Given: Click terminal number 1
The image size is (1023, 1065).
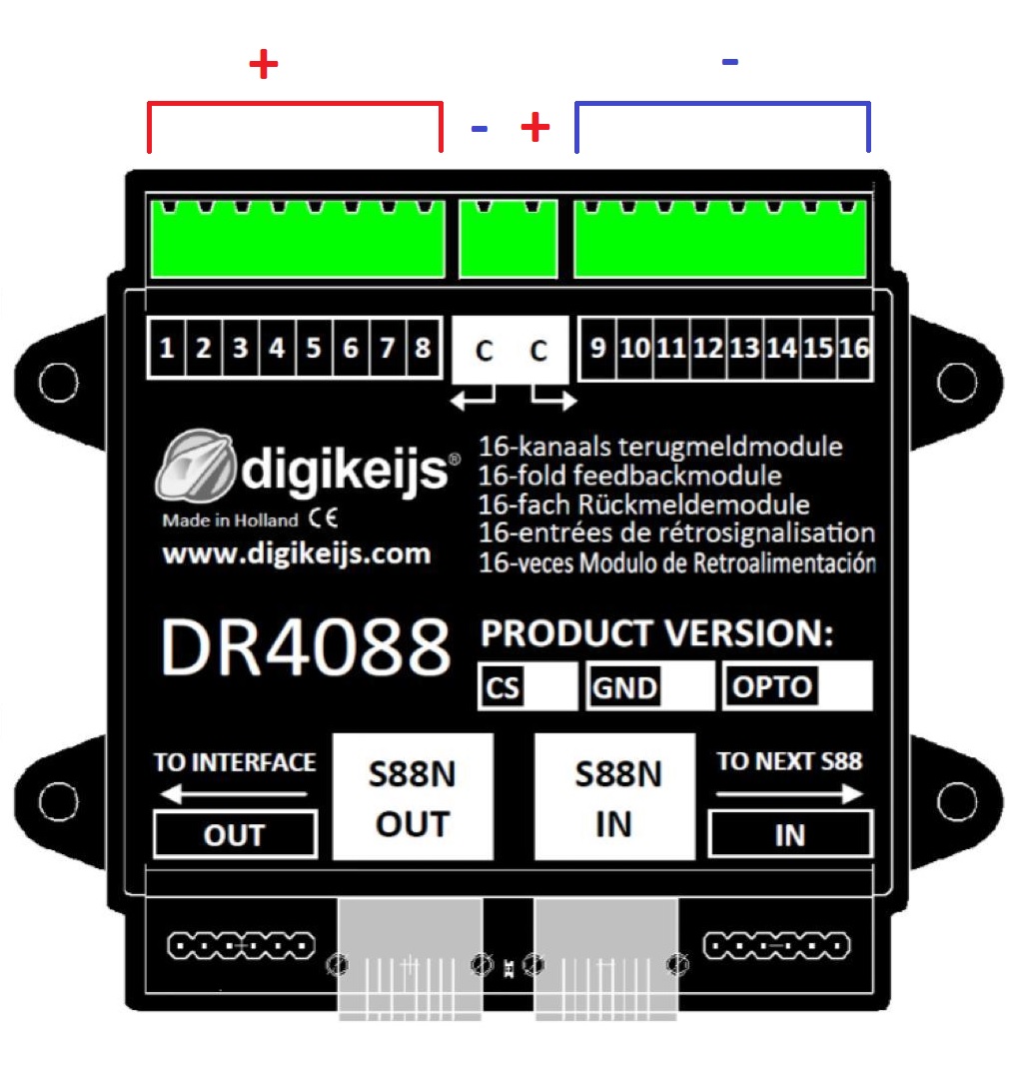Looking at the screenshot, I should coord(167,349).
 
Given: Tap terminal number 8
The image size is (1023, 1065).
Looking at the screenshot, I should coord(423,349).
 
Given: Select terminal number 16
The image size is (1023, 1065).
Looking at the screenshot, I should coord(854,349).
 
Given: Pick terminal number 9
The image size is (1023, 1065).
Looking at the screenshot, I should coord(597,349).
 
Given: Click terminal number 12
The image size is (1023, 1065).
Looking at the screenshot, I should coord(707,349).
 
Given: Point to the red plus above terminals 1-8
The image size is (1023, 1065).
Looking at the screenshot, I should coord(263,66).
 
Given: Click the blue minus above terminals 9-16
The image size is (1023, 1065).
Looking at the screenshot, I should coord(730,63).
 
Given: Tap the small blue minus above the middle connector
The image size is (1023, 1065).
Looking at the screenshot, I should coord(480,129).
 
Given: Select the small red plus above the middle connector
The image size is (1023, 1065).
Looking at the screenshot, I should coord(535,127).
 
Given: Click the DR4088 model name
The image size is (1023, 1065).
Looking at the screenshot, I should coord(306,646).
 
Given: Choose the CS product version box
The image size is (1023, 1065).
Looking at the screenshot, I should coord(527,686).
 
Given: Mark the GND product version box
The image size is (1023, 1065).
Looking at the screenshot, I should coord(650,686).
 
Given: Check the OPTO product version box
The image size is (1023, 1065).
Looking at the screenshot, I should coord(796,686).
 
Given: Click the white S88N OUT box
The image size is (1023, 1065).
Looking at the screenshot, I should coord(413,796).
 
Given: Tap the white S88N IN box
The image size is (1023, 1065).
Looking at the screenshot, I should coord(615,796).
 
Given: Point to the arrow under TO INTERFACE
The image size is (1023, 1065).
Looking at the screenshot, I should coord(234,794).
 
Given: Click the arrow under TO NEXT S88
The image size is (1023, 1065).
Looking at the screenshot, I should coord(789,794).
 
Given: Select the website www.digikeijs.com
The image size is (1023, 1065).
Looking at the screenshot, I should coord(296,553).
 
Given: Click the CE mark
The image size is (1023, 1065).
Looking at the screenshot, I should coord(323,520).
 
